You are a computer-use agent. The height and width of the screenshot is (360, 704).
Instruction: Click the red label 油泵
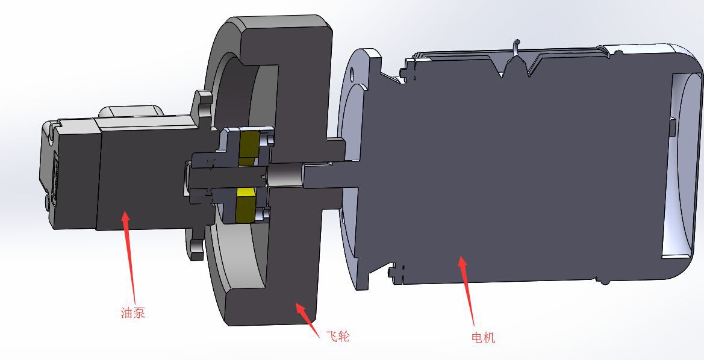point(133,312)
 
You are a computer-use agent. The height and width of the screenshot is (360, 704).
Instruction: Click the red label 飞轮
point(337,335)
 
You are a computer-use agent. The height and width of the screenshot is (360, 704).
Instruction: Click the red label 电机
point(483,337)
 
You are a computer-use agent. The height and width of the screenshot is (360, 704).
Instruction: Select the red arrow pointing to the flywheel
point(308,320)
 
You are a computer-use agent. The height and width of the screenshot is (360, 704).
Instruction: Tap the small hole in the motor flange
point(351,72)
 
